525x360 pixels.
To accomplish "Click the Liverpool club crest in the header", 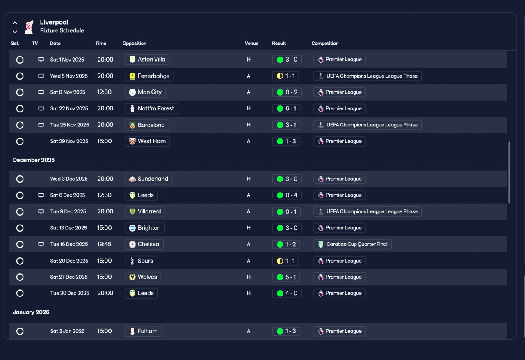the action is click(29, 27).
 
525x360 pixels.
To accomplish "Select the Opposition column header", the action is click(134, 44).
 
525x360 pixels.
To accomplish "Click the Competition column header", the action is click(325, 44).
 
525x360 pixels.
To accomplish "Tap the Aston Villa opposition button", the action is click(147, 60).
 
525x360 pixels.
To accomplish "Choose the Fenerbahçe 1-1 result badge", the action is click(285, 76).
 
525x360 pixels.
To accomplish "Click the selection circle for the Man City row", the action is click(20, 92).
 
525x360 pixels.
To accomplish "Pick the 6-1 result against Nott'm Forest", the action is click(286, 109).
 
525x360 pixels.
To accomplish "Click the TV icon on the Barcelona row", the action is click(41, 125).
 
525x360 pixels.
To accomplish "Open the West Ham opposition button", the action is click(147, 142).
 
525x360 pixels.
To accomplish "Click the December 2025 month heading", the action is click(34, 160).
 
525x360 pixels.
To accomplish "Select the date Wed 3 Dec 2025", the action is click(69, 179).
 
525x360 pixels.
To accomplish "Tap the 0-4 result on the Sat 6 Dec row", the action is click(287, 195).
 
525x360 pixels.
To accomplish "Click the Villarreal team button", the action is click(145, 211).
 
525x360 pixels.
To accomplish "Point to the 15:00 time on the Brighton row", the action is click(104, 228).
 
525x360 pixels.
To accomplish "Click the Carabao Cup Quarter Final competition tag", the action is click(352, 244).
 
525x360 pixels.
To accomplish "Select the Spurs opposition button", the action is click(141, 261).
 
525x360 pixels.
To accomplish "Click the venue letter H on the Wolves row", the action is click(249, 277).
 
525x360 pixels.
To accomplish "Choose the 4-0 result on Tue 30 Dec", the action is click(287, 294).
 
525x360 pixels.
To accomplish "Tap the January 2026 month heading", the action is click(31, 312).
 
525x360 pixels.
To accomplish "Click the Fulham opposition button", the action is click(143, 331).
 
